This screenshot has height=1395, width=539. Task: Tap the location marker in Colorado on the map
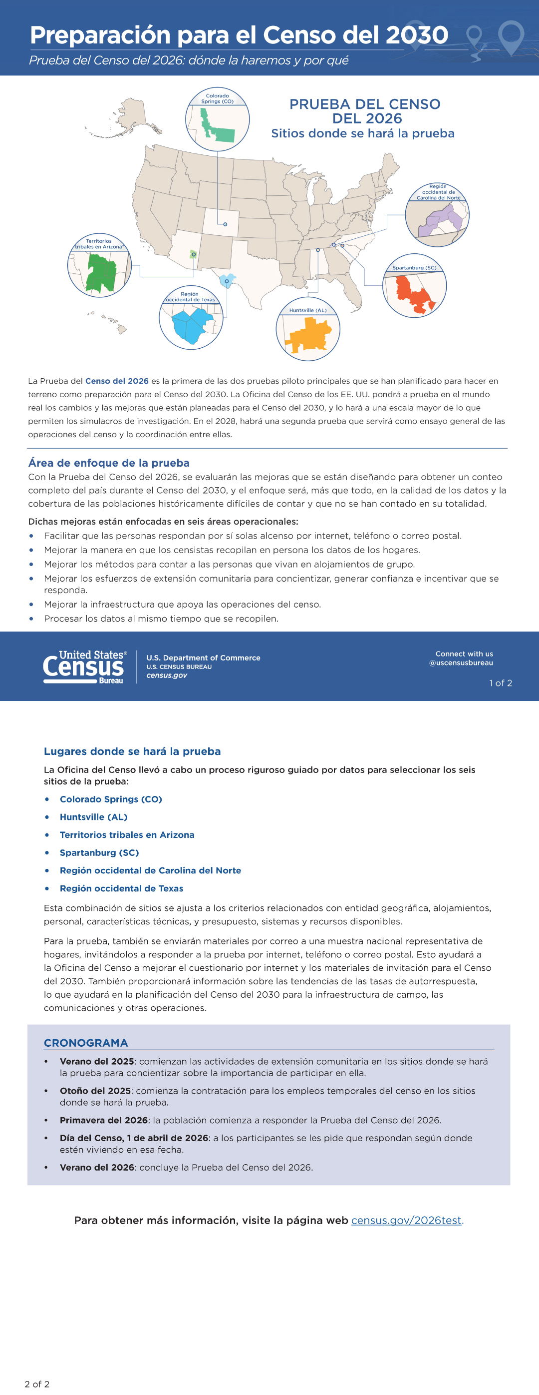pos(225,224)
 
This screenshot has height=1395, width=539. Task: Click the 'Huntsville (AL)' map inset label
pos(307,310)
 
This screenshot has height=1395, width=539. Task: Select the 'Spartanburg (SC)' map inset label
pos(414,267)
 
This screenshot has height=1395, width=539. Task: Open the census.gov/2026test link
pos(406,1220)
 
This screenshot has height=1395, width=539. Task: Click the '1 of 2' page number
pos(500,683)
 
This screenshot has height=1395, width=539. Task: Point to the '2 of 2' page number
pos(37,1384)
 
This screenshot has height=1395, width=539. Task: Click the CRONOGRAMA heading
pos(86,1042)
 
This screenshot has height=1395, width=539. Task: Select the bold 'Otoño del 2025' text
pos(95,1091)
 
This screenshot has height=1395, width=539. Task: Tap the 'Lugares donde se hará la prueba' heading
pos(132,751)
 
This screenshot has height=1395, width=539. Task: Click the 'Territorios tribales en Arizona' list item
pos(127,834)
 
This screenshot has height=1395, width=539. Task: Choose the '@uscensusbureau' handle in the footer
pos(461,663)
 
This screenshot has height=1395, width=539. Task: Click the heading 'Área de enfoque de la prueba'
pos(109,463)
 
